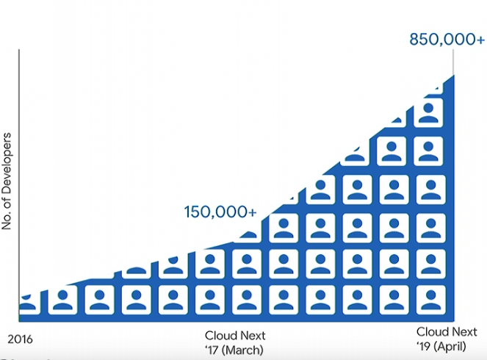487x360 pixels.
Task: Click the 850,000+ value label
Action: tap(447, 40)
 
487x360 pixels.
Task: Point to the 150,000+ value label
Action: tap(220, 212)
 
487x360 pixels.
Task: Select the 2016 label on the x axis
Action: tap(20, 339)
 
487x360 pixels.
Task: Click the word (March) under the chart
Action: tap(243, 350)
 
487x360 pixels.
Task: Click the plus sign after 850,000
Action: tap(479, 40)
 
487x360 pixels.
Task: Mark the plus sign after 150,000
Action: tap(252, 212)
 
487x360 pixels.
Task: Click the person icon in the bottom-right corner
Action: tap(430, 300)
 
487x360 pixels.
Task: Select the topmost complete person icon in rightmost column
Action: tap(429, 113)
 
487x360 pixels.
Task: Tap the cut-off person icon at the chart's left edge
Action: tap(29, 303)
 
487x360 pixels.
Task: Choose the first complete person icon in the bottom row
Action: tap(62, 300)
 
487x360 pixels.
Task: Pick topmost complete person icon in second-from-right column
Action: tap(392, 151)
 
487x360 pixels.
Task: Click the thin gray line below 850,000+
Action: tap(453, 62)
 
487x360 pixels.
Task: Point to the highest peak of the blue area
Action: tap(454, 75)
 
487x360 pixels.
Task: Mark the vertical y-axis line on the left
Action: tap(19, 185)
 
